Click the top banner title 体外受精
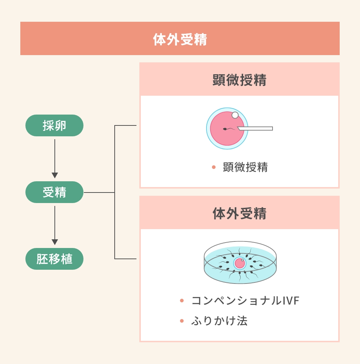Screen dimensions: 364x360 coord(180,39)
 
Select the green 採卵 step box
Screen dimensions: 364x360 coord(54,125)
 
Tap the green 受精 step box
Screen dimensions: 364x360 coord(54,192)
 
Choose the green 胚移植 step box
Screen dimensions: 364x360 coord(54,259)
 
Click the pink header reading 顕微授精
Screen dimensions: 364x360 coord(240,80)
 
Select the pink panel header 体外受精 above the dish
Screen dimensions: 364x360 coord(240,214)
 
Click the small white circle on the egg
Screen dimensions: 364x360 coord(235,115)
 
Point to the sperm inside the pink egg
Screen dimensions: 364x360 coord(228,129)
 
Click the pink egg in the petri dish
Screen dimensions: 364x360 coord(240,263)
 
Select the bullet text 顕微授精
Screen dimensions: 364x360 coord(245,167)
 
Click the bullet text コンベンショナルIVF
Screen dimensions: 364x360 coord(245,301)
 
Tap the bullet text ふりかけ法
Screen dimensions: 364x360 coord(219,321)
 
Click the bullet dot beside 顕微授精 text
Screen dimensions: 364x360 coord(214,167)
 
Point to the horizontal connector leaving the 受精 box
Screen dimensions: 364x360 coord(99,192)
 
